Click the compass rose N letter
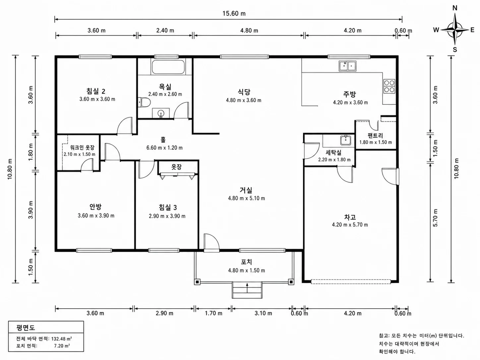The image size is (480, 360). (455, 8)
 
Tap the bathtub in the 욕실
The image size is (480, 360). (168, 67)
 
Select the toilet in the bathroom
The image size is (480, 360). (144, 102)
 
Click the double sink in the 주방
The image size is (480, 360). (347, 66)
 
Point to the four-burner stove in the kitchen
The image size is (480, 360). (389, 86)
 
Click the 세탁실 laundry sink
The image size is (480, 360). (346, 140)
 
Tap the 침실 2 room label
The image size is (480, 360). (96, 91)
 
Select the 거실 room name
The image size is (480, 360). (246, 190)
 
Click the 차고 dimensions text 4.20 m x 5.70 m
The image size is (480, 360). (350, 224)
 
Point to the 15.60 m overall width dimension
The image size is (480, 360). (234, 14)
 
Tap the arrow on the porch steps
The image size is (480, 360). (247, 288)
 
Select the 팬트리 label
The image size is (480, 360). (375, 136)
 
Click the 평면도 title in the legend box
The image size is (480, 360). (26, 328)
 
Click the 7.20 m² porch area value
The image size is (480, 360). (62, 346)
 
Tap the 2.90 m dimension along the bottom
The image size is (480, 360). (164, 313)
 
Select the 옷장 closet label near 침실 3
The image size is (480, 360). (176, 167)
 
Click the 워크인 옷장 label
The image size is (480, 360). (82, 148)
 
